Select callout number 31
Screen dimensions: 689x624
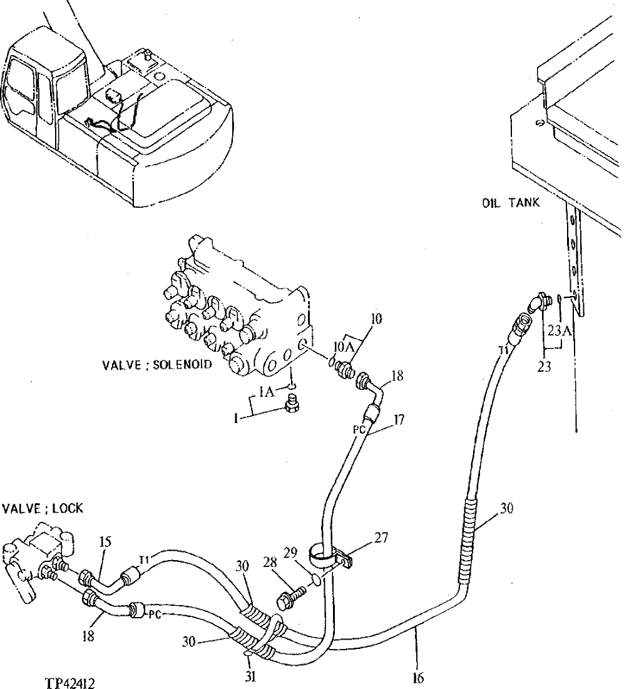pyautogui.click(x=251, y=676)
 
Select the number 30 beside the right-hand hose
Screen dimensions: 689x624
pyautogui.click(x=507, y=508)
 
